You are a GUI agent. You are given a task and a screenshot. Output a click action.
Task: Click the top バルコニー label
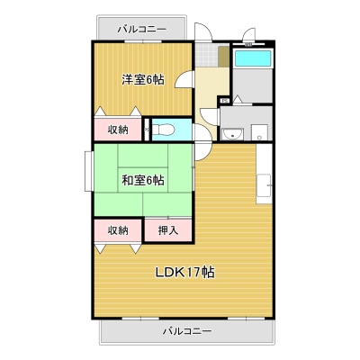141,29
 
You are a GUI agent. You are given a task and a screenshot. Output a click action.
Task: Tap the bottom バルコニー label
187,331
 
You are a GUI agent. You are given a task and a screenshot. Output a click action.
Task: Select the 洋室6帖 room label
143,79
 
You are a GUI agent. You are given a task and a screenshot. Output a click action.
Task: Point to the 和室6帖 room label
143,180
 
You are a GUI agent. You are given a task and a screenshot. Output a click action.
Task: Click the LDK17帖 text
184,272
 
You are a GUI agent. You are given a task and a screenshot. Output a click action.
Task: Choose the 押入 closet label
168,230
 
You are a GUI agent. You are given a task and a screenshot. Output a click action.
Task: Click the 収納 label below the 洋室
118,130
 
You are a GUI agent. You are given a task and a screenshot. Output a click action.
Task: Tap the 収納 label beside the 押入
118,230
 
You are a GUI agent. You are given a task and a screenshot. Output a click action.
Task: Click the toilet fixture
164,130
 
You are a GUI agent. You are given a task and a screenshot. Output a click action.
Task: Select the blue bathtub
253,58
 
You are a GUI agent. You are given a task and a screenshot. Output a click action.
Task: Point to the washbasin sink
232,134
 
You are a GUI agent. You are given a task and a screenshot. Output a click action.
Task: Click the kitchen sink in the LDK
264,185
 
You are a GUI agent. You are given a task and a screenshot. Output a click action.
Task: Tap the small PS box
225,101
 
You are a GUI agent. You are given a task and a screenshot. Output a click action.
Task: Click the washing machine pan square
259,132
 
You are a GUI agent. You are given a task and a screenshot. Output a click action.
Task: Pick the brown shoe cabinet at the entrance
224,57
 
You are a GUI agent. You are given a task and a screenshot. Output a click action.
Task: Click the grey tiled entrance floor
207,55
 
